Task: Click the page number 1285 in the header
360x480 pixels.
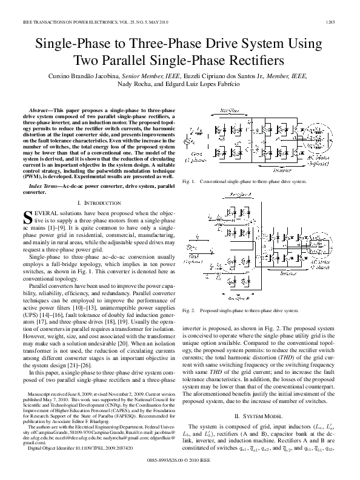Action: click(x=340, y=23)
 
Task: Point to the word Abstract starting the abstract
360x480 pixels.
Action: click(x=40, y=110)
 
